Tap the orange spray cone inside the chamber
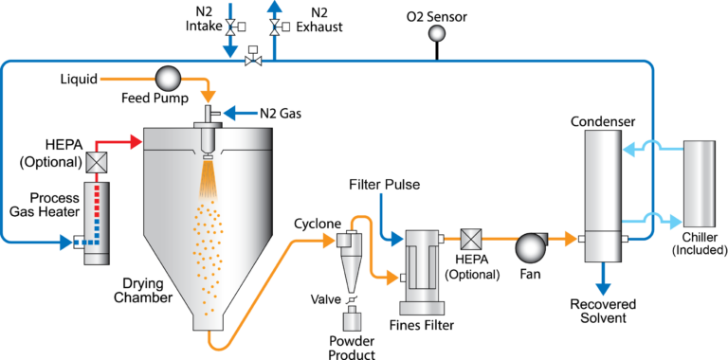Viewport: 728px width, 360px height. coord(207,175)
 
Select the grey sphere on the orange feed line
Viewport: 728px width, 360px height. coord(168,79)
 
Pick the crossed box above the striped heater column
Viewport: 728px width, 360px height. coord(96,162)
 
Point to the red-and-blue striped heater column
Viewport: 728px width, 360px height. coord(96,222)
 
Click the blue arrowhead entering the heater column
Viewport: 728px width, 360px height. coord(68,243)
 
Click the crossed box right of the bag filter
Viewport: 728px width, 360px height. coord(470,239)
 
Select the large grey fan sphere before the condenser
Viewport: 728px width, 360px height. coord(530,248)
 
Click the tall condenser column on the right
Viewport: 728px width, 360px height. coord(602,194)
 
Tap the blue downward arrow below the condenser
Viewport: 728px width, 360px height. coord(602,288)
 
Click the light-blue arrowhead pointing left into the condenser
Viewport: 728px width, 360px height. coord(628,149)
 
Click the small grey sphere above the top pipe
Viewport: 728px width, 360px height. coord(436,33)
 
